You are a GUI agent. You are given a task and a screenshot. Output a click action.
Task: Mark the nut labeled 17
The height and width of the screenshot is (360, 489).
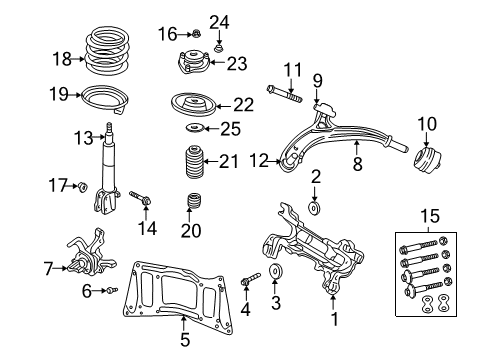coord(85,186)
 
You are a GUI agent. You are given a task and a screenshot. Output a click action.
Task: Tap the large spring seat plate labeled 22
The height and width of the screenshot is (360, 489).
coord(191,105)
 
